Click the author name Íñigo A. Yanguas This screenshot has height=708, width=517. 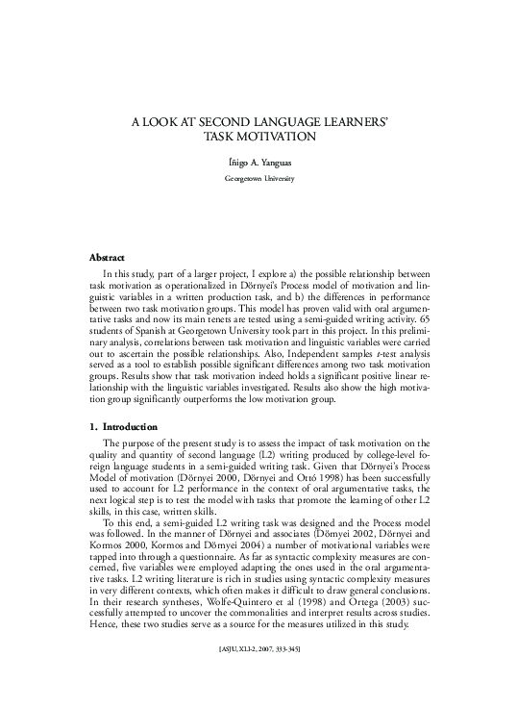coord(258,164)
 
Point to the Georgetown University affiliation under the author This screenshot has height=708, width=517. coord(258,180)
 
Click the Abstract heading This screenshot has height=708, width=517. coord(107,259)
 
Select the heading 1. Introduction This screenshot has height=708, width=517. coord(131,425)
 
